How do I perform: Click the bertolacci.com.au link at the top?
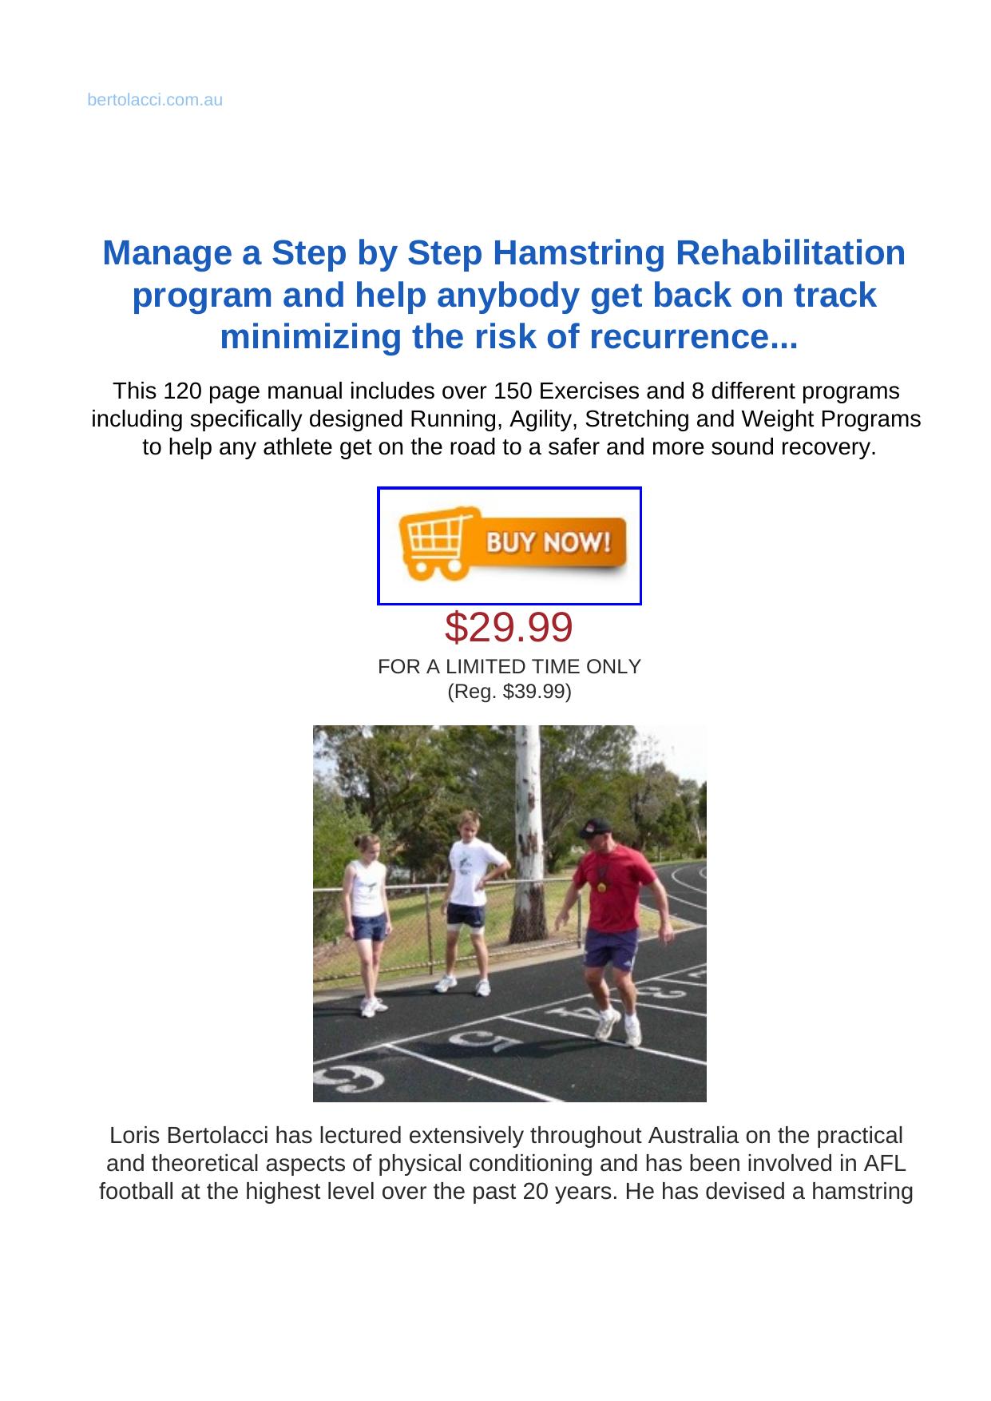pyautogui.click(x=155, y=101)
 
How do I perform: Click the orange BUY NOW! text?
pyautogui.click(x=549, y=543)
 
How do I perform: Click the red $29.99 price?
pyautogui.click(x=509, y=627)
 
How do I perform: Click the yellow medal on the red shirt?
pyautogui.click(x=601, y=886)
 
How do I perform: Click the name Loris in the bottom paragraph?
pyautogui.click(x=133, y=1135)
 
